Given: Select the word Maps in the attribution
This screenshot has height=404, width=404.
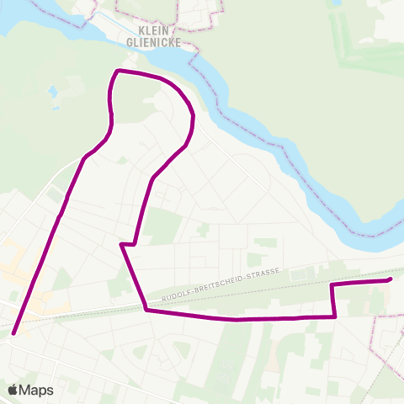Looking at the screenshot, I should coord(36,391).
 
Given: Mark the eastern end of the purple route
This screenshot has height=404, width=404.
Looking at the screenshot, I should coord(391,279).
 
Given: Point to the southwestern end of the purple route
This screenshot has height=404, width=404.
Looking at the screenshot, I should coord(14,332).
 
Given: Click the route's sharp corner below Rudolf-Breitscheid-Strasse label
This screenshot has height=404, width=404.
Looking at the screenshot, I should coord(146,310).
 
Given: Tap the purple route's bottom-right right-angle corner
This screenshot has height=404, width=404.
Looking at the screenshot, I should coord(335,316).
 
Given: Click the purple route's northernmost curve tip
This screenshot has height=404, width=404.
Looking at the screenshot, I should coord(118,71).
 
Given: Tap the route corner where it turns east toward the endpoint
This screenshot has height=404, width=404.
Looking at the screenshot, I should coord(332,285).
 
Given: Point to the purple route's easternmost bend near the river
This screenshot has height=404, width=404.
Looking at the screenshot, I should coord(194,118).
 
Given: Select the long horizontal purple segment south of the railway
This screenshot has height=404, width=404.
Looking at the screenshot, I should coord(244,318).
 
